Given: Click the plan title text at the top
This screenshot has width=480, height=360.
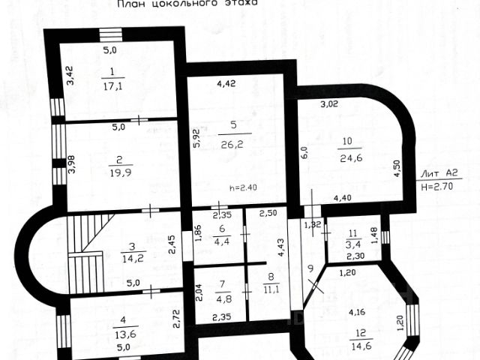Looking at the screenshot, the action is [187, 4].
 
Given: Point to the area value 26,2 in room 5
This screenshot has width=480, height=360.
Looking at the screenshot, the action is [234, 138].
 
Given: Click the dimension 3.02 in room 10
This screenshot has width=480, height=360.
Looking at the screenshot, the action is [331, 104].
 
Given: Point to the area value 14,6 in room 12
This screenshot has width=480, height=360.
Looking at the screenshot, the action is [361, 346].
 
